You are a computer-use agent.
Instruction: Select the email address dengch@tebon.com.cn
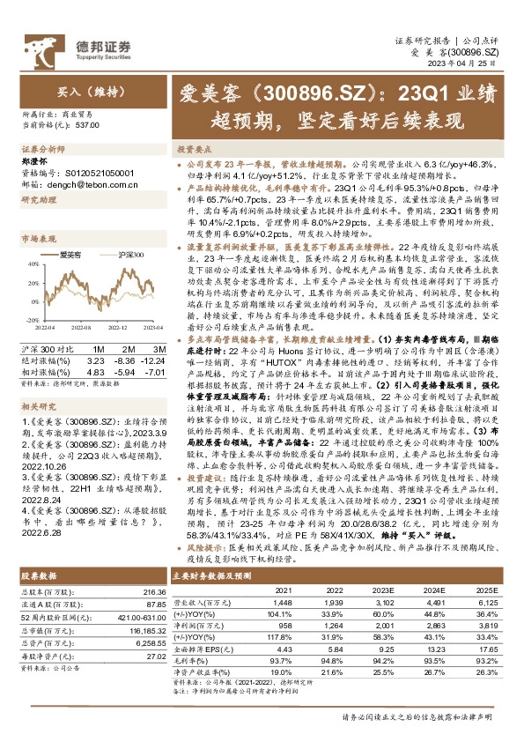(84, 183)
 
